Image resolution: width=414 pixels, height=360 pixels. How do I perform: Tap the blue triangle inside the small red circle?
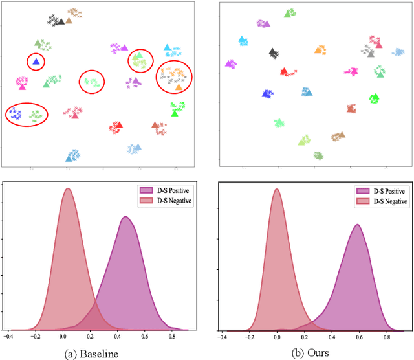pyautogui.click(x=36, y=62)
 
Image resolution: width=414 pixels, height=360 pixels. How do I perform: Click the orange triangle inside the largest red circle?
pyautogui.click(x=179, y=86)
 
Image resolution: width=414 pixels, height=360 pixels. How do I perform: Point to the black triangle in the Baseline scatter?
pyautogui.click(x=61, y=21)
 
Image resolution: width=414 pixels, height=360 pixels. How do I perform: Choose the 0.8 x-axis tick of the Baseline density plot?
pyautogui.click(x=171, y=336)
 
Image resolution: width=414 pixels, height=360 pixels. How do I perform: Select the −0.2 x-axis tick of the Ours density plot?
pyautogui.click(x=249, y=337)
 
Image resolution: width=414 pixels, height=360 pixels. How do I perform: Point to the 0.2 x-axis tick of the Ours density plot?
pyautogui.click(x=303, y=337)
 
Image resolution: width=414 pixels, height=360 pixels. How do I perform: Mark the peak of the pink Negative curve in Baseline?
pyautogui.click(x=67, y=188)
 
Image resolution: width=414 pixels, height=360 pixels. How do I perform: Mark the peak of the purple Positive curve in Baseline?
pyautogui.click(x=126, y=217)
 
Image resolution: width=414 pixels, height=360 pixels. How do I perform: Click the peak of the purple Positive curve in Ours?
pyautogui.click(x=356, y=225)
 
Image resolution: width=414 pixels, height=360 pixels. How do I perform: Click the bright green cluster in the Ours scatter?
pyautogui.click(x=373, y=98)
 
